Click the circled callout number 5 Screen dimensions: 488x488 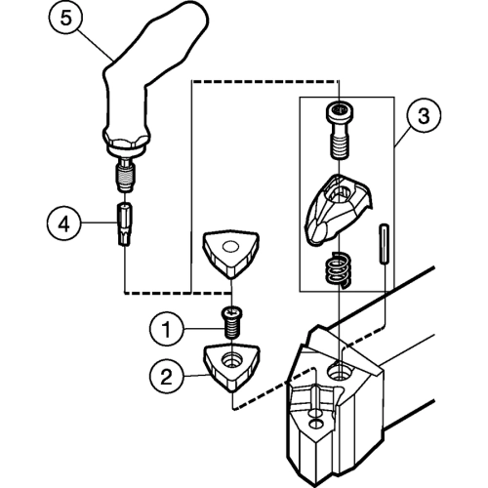(66, 19)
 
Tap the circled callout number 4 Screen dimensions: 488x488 (63, 224)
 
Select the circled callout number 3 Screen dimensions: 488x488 (424, 116)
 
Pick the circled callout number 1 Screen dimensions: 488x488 (166, 329)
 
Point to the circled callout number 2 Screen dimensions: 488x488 (166, 377)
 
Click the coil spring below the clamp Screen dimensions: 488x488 (339, 269)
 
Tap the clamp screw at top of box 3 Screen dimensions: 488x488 (340, 131)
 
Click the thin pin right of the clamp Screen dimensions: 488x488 (384, 244)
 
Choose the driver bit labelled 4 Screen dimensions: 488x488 (124, 224)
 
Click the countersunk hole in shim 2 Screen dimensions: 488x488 (231, 360)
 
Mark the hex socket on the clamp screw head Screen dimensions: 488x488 (340, 109)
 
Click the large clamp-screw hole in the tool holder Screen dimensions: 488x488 (340, 372)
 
